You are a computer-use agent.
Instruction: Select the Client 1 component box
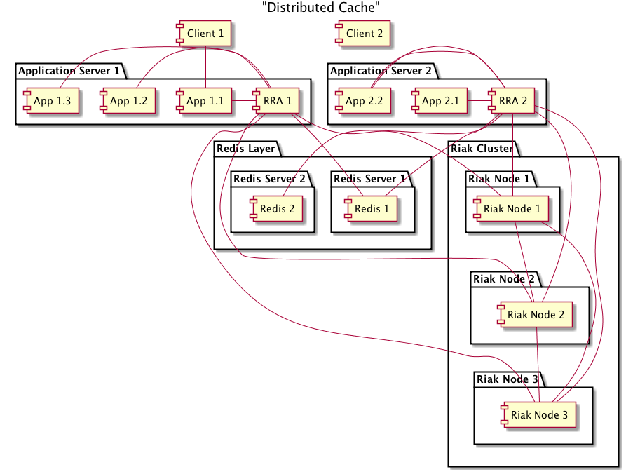[205, 34]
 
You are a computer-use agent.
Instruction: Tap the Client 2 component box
[365, 34]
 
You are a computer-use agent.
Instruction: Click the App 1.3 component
[50, 102]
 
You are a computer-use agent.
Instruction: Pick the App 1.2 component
[128, 102]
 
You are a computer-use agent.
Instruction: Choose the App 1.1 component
[204, 102]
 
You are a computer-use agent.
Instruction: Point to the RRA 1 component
[279, 102]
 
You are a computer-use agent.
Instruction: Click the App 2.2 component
[363, 102]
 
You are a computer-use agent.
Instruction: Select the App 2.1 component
[440, 102]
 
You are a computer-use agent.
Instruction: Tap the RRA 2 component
[515, 102]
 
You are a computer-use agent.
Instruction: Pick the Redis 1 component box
[369, 208]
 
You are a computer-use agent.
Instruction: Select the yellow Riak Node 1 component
[512, 208]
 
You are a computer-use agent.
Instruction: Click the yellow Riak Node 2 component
[536, 315]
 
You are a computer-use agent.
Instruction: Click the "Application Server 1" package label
[69, 71]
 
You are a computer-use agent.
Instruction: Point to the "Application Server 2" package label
[381, 71]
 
